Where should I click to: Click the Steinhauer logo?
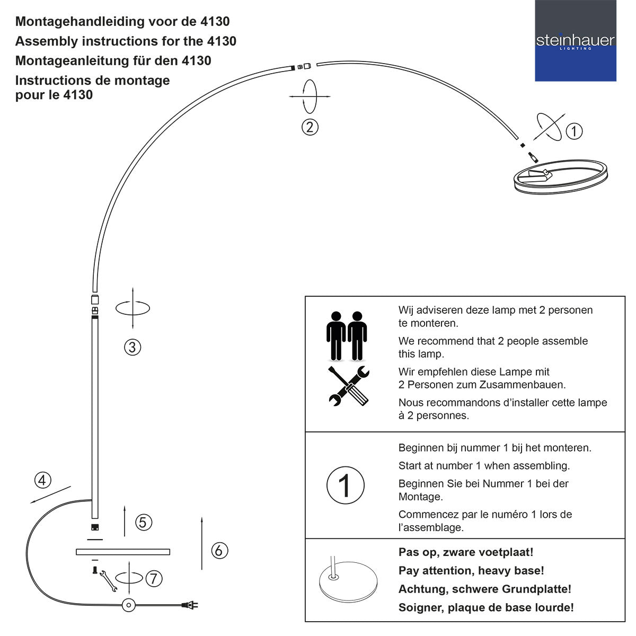575,41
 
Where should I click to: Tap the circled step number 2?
310,127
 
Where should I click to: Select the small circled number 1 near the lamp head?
574,131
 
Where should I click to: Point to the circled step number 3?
132,347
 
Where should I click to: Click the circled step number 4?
43,480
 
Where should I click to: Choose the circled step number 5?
144,523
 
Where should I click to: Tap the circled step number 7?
154,578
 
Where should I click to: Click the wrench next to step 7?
108,581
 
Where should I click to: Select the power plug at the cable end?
190,605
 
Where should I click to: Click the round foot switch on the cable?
128,605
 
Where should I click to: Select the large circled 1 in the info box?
346,485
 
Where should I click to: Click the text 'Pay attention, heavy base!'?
471,571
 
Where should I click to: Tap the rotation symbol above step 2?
310,96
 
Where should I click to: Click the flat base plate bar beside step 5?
123,552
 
